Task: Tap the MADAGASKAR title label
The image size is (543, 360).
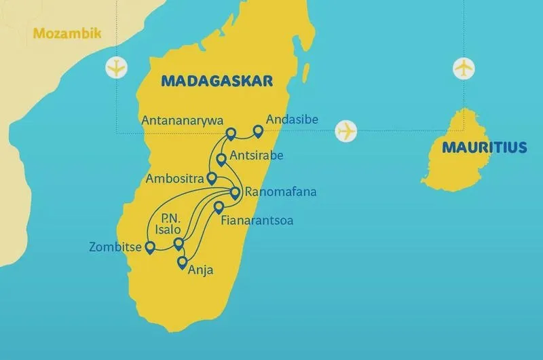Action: coord(217,81)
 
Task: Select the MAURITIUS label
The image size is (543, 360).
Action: coord(483,147)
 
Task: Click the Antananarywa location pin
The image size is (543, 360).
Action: coord(231,133)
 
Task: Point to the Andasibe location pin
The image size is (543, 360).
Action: coord(258,130)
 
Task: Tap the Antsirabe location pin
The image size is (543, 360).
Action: coord(221,160)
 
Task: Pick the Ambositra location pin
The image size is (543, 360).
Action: coord(211,179)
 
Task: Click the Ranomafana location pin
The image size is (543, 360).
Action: coord(235,193)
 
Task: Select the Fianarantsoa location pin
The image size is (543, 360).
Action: coord(219,207)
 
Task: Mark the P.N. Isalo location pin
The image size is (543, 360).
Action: coord(179,243)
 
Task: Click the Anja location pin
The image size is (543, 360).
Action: coord(182,262)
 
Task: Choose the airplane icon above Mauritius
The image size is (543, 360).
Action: coord(464,69)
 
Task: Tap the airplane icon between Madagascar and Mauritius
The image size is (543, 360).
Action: coord(346,130)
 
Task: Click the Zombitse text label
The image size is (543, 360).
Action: coord(115,247)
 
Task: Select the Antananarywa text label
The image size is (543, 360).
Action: coord(182,120)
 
